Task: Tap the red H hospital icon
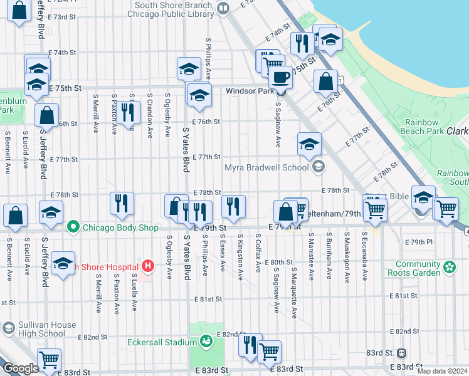148,266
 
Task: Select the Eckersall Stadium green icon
206,342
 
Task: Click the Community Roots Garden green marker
449,268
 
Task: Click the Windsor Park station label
250,91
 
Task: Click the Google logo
20,369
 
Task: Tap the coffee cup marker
280,78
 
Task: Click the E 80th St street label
278,262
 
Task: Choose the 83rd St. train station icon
402,353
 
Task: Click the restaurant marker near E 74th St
302,43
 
